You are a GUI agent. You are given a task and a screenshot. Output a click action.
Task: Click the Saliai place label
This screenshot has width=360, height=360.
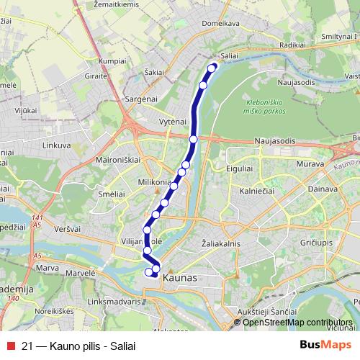tap(229, 55)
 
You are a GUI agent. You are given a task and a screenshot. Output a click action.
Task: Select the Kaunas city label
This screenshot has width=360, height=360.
tap(179, 276)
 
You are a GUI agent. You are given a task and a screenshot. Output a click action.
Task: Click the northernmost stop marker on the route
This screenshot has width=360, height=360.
tap(212, 68)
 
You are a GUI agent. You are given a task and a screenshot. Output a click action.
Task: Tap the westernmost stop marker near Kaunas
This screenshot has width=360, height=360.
tap(149, 271)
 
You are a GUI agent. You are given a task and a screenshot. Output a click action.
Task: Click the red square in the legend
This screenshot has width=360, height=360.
tap(10, 346)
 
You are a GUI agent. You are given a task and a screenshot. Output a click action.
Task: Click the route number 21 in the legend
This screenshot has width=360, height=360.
tap(27, 346)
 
